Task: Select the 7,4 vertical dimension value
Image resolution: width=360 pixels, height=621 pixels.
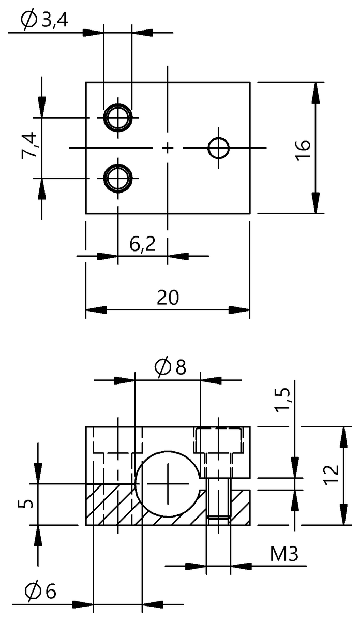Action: (29, 145)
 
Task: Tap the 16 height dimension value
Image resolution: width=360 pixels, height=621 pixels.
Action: (304, 148)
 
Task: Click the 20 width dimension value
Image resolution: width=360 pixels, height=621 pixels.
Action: (168, 298)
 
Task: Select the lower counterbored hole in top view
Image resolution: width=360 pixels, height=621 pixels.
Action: (118, 178)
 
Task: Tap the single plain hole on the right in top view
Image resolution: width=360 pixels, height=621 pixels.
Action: (219, 148)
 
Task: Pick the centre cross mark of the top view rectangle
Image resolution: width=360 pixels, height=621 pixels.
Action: (168, 148)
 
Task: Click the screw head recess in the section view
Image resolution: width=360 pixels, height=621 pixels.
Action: (218, 439)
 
